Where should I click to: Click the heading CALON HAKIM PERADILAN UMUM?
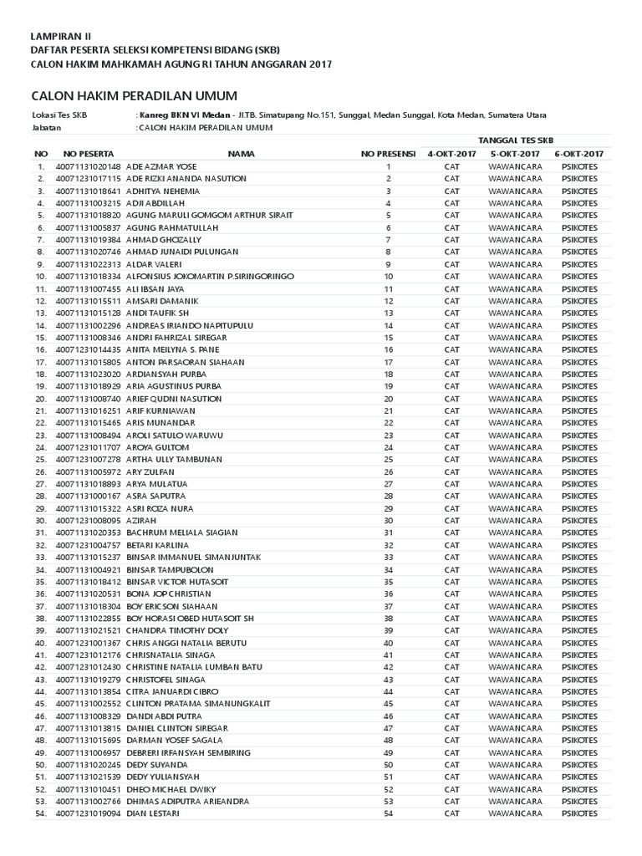(x=134, y=96)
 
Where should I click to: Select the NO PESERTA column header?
(x=88, y=155)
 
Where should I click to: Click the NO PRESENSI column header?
(x=388, y=155)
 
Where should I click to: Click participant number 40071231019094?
(x=89, y=813)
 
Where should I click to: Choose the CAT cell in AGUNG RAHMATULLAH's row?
(x=451, y=227)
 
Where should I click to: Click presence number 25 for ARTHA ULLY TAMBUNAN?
(x=389, y=460)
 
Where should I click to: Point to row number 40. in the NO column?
(x=39, y=643)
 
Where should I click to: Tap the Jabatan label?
(x=46, y=127)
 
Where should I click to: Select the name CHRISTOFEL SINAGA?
(x=165, y=680)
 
